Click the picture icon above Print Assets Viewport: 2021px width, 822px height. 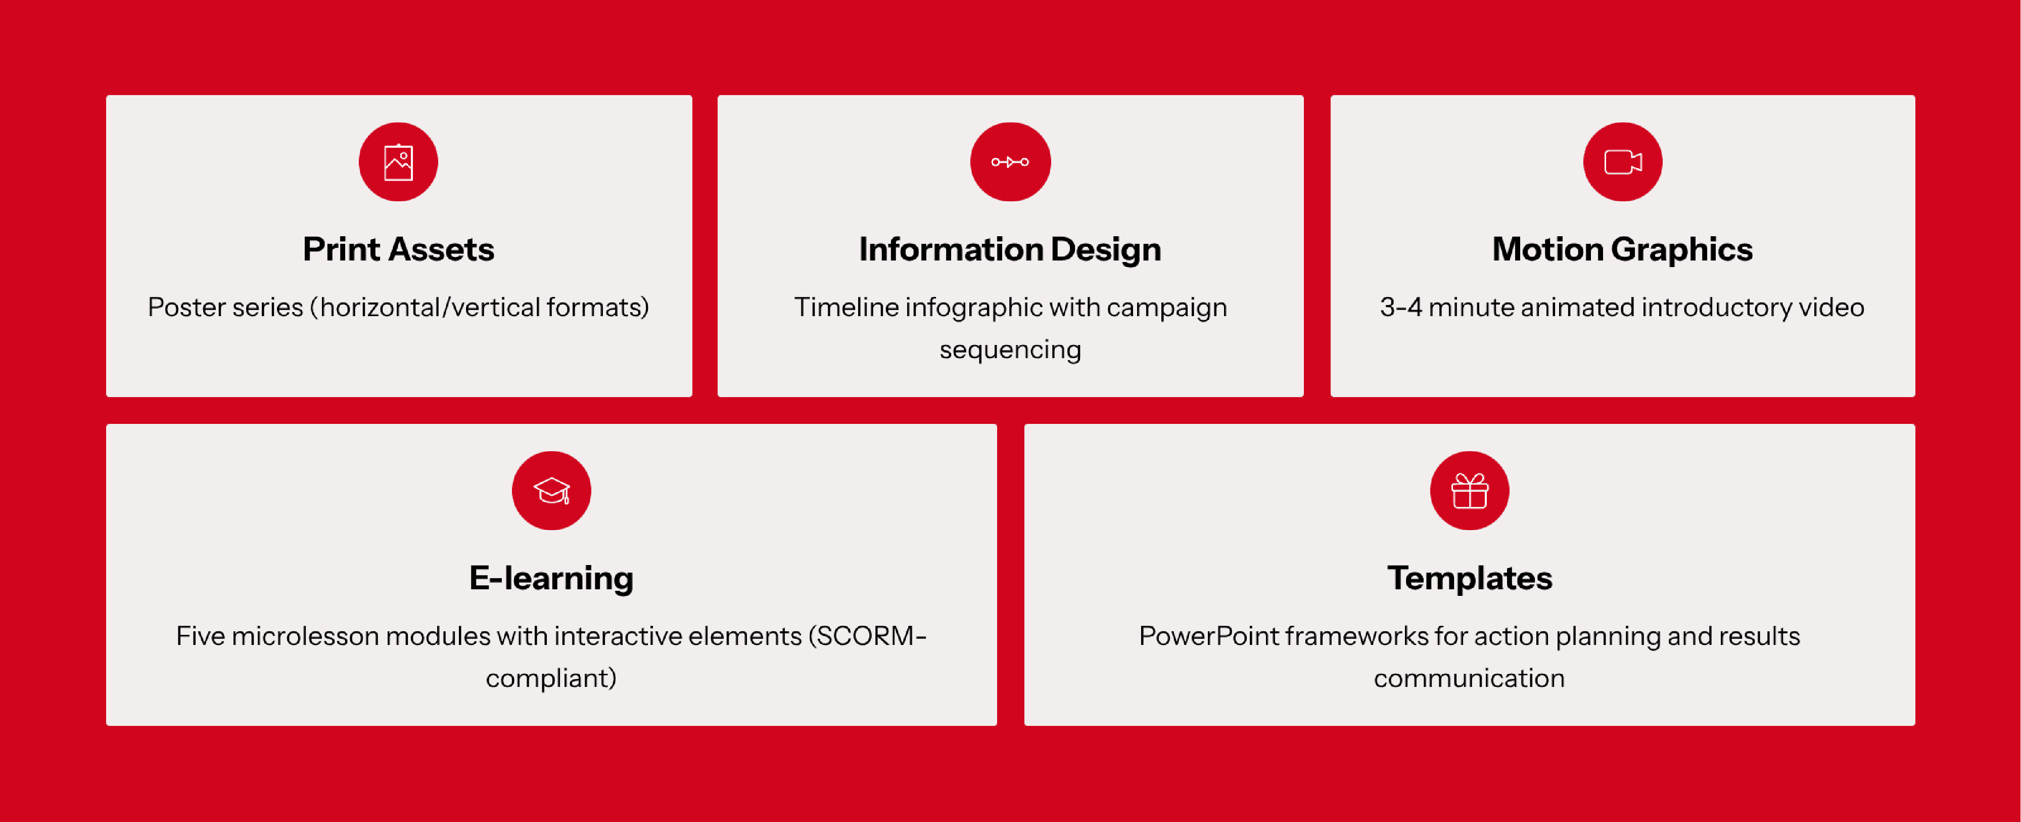pyautogui.click(x=399, y=162)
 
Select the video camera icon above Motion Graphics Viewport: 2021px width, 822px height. pyautogui.click(x=1622, y=162)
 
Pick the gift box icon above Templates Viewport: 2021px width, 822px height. pyautogui.click(x=1470, y=491)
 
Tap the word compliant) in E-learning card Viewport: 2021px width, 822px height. pyautogui.click(x=551, y=678)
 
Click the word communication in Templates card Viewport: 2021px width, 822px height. pyautogui.click(x=1469, y=678)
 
